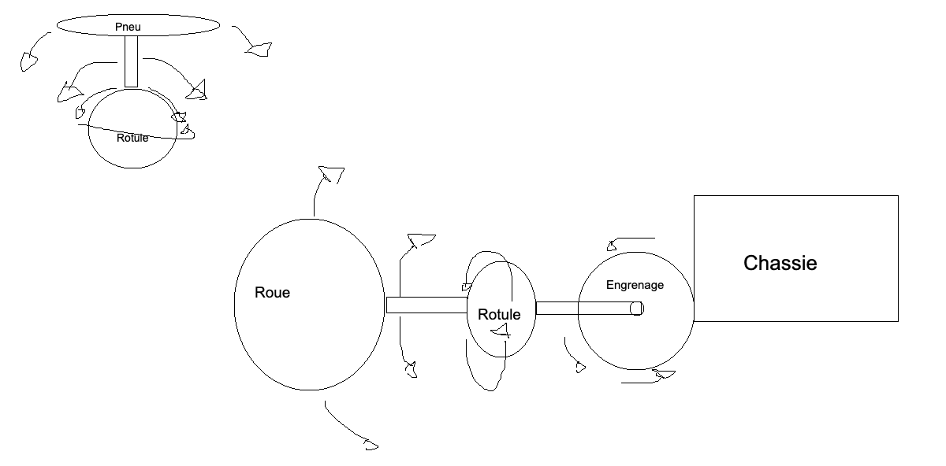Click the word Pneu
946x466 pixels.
[127, 28]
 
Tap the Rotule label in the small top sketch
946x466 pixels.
[132, 138]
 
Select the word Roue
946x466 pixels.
[272, 293]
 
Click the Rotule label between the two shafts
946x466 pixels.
[499, 315]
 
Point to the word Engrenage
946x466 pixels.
[635, 285]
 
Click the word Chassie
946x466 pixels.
[780, 263]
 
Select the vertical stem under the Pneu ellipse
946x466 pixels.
[131, 61]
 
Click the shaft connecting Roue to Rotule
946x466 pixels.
[426, 305]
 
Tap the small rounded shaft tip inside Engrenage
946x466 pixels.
[637, 309]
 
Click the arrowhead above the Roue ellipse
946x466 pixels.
[331, 174]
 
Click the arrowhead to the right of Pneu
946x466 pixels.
[259, 50]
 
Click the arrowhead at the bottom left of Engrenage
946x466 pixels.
[581, 366]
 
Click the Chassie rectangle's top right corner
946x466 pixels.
[898, 196]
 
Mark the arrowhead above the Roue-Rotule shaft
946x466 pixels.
[422, 239]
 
